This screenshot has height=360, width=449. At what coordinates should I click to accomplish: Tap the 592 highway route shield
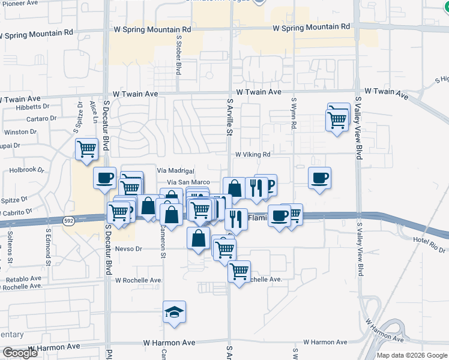coord(69,221)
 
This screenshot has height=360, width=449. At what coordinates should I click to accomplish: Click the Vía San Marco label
coord(188,182)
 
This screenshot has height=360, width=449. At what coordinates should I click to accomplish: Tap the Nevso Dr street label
coord(128,248)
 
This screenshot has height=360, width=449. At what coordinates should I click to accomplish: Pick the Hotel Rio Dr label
coord(429,244)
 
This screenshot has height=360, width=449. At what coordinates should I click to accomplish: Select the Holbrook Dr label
coord(28,170)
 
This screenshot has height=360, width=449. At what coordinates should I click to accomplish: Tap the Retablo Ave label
coord(23,279)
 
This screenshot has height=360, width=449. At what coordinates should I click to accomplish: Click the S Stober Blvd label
coord(178,55)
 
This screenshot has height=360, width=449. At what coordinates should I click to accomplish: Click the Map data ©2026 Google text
coord(411,355)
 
